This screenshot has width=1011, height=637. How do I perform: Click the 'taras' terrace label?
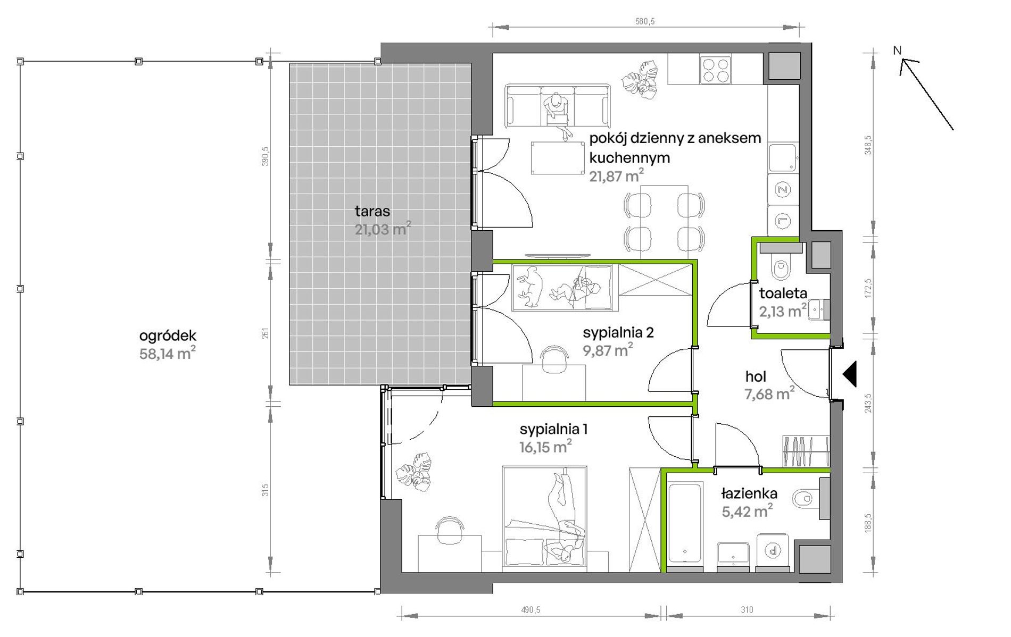[x=372, y=211]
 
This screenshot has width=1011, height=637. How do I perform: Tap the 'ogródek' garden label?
[x=168, y=336]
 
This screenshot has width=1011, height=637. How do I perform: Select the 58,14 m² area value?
[x=167, y=353]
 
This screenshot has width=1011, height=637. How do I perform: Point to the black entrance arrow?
[x=850, y=373]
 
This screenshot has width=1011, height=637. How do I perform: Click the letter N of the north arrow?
[x=897, y=51]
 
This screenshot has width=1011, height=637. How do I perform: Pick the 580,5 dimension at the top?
[x=644, y=21]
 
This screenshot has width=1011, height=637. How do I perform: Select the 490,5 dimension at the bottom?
[x=530, y=610]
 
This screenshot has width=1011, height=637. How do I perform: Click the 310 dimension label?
[x=747, y=610]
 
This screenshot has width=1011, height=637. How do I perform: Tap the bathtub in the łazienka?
[x=685, y=523]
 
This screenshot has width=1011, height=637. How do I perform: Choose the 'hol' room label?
[x=756, y=377]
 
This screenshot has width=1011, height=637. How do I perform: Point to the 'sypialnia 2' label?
[x=618, y=333]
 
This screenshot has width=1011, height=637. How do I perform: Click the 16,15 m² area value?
[x=546, y=447]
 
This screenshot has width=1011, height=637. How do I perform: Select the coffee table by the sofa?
[x=557, y=157]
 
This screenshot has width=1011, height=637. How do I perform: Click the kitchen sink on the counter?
[x=782, y=157]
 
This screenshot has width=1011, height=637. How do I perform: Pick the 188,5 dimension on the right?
[x=868, y=523]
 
